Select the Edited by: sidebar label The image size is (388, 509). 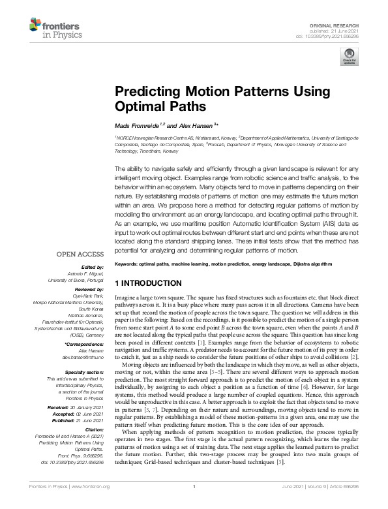click(x=93, y=267)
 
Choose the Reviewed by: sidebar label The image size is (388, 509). click(x=88, y=289)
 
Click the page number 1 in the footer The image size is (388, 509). click(x=194, y=502)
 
